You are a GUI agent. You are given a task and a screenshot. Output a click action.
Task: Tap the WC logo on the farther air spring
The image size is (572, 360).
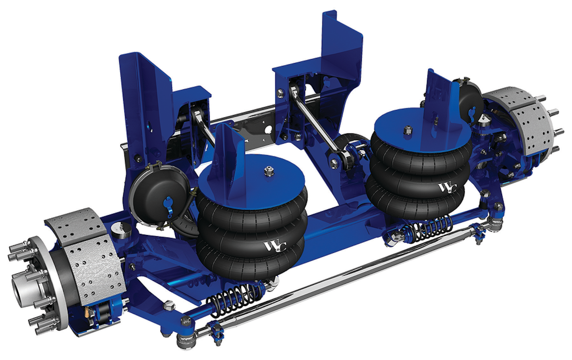pos(447,187)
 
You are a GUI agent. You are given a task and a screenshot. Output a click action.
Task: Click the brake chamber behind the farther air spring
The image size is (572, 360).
pos(471,99)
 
